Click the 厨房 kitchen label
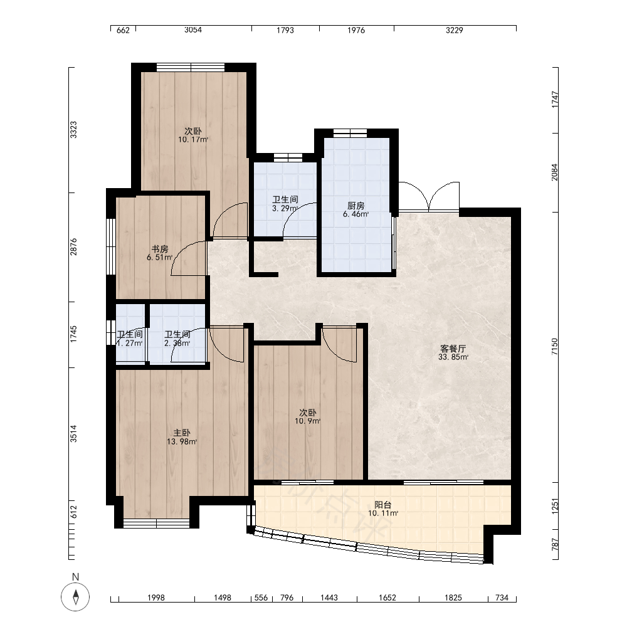[356, 206]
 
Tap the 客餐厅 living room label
[453, 349]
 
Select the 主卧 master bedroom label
[182, 433]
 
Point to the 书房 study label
[159, 249]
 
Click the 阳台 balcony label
[382, 505]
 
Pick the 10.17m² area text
[193, 140]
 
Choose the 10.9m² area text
[308, 421]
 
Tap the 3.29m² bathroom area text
[285, 208]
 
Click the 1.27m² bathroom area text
[130, 343]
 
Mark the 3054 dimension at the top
[193, 30]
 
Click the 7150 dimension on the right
[554, 347]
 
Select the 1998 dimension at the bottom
[156, 598]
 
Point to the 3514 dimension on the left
[73, 433]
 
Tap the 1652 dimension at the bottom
[387, 598]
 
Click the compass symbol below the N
[75, 597]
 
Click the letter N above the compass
[75, 577]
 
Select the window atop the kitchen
[350, 133]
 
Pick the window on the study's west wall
[111, 246]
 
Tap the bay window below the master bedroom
[156, 524]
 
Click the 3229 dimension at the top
[455, 30]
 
